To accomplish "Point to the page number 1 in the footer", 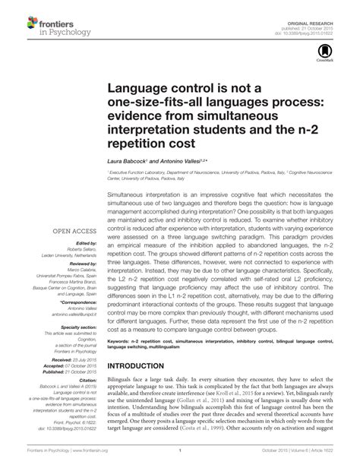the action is [x=179, y=462].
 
